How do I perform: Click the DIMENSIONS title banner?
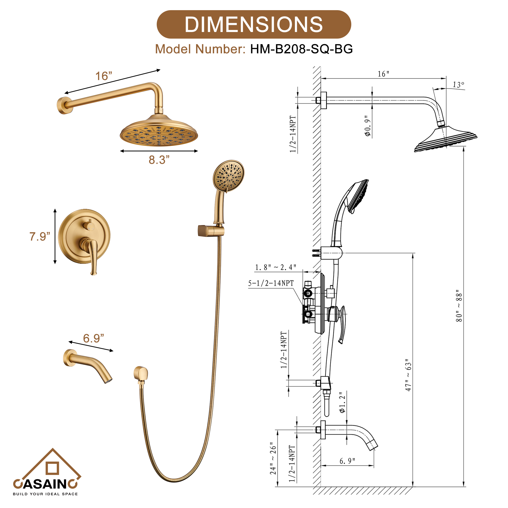(x=254, y=24)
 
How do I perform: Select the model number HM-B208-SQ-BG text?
(x=301, y=49)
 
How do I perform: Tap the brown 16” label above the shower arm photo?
(x=104, y=76)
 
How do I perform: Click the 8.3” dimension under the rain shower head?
(x=159, y=160)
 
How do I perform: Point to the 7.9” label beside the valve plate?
(x=40, y=236)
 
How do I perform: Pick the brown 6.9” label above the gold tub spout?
(x=93, y=338)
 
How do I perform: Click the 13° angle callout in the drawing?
(x=458, y=85)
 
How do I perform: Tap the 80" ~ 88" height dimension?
(x=459, y=306)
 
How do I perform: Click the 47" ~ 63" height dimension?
(x=408, y=375)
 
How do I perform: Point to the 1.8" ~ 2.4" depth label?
(x=276, y=267)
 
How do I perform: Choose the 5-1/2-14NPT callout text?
(x=271, y=283)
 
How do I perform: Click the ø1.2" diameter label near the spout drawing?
(x=342, y=402)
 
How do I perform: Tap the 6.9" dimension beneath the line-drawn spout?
(x=347, y=461)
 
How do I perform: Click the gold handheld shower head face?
(x=229, y=175)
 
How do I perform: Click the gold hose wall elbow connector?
(x=141, y=374)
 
